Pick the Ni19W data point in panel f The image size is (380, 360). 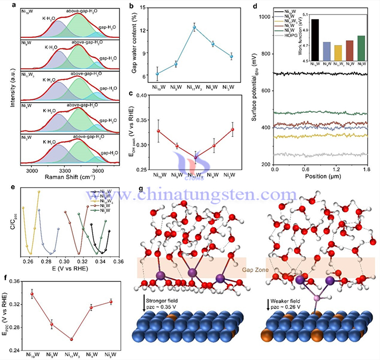pos(33,294)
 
